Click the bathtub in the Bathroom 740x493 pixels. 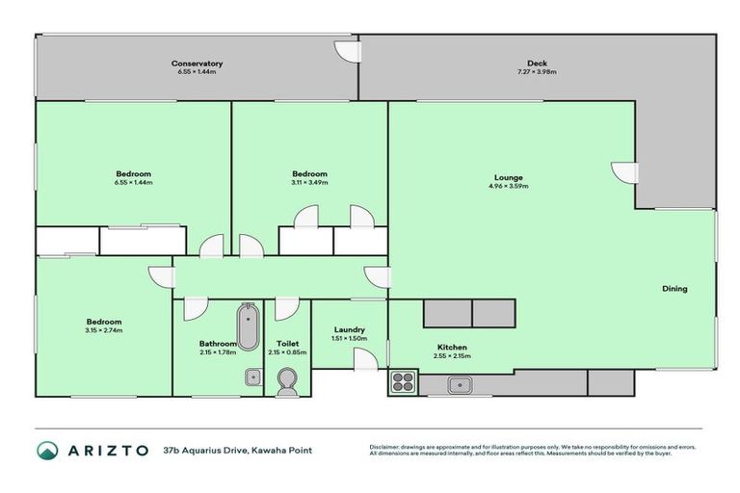coord(248,326)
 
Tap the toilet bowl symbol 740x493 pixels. coord(286,384)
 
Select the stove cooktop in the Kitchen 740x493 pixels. coord(402,382)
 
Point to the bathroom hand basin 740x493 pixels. coord(252,376)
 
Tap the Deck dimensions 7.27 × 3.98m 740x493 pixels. coord(537,72)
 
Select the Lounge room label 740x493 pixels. coord(508,177)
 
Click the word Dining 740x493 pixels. coord(674,289)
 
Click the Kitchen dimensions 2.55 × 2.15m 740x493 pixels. coord(452,355)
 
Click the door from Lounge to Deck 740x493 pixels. coord(624,172)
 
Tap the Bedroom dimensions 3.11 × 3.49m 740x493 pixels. coord(309,182)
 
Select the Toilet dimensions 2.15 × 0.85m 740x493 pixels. coord(286,351)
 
